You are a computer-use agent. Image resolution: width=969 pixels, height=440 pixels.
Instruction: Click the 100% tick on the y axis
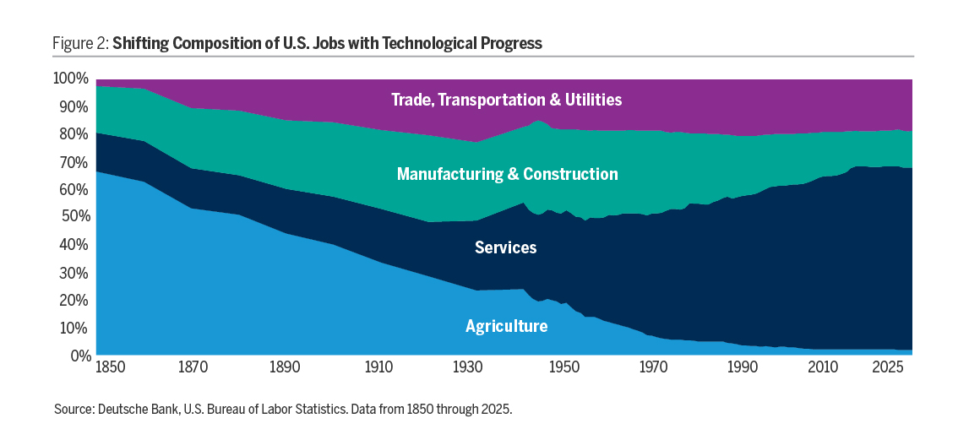[71, 79]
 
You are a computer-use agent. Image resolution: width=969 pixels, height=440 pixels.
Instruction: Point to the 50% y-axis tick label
[73, 217]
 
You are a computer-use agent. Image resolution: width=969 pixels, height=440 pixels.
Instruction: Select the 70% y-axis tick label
[73, 162]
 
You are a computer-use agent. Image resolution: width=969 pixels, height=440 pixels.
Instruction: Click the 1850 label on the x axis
[111, 369]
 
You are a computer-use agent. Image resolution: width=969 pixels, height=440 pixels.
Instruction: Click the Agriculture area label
[506, 326]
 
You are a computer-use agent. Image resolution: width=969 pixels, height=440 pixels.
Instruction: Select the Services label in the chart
[505, 247]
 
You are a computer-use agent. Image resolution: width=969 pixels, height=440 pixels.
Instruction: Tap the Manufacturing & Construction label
[507, 174]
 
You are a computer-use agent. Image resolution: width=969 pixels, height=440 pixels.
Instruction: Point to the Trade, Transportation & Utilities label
[506, 100]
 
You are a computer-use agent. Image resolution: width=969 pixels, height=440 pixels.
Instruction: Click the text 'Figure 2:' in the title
[81, 43]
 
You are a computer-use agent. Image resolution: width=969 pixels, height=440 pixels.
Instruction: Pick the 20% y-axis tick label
[73, 301]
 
